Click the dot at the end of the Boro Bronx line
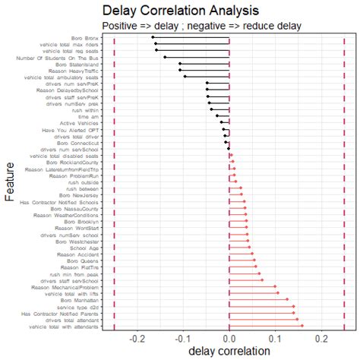tap(153, 36)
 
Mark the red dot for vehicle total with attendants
tap(302, 327)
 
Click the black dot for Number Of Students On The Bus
tap(165, 57)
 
